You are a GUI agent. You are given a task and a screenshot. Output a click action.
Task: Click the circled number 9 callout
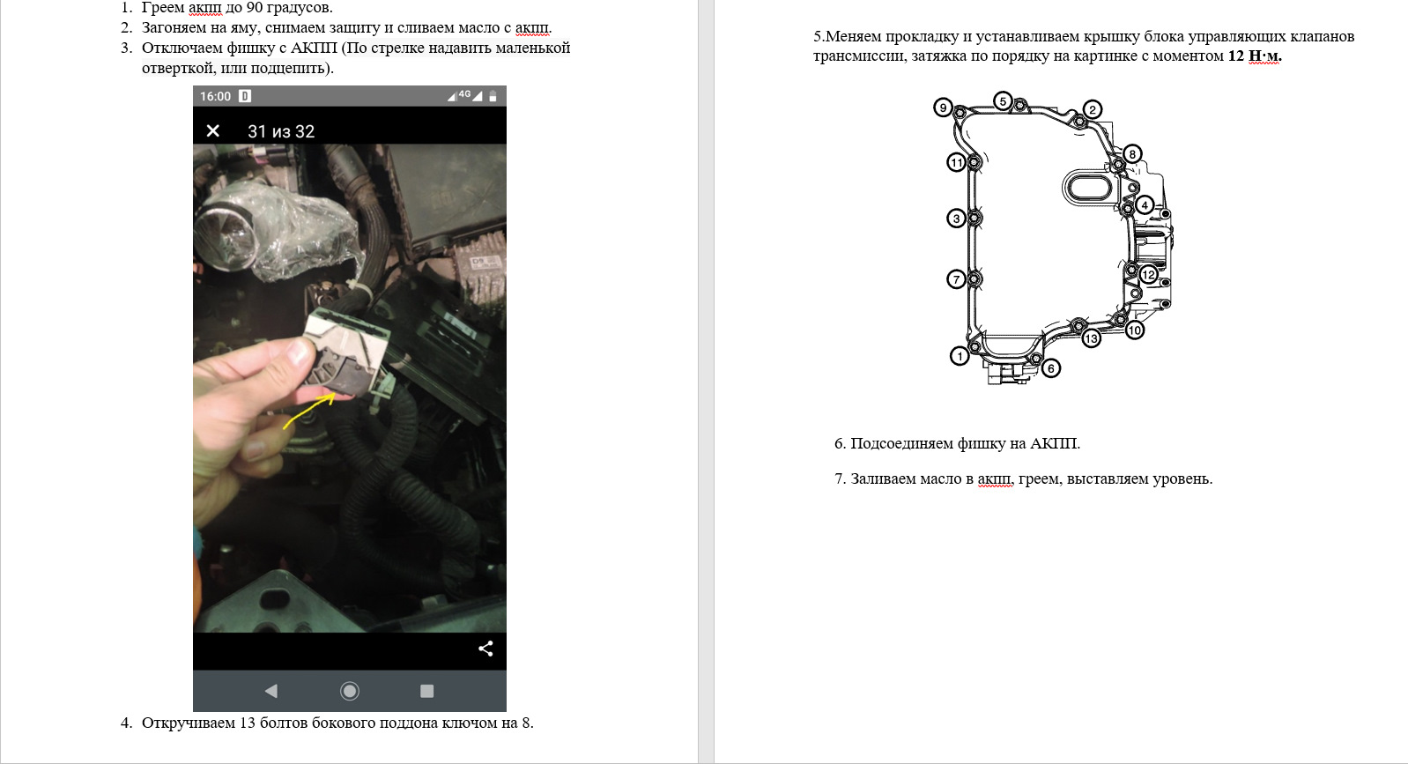pos(943,108)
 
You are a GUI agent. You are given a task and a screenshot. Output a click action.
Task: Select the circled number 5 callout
pos(1003,100)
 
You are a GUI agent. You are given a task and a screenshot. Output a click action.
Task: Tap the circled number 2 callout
pos(1093,109)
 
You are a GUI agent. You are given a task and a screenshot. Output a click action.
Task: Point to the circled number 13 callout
pos(1092,338)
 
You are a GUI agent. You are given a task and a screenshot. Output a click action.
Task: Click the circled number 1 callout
pos(960,356)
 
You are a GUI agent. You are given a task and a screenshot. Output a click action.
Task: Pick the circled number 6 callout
pos(1050,368)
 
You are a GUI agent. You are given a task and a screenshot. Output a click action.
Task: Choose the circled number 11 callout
pos(957,162)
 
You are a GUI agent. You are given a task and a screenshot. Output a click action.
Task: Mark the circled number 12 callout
pos(1148,274)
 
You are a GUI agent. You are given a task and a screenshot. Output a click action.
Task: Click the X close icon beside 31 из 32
pos(213,130)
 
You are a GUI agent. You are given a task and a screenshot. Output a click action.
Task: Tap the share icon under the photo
pos(485,649)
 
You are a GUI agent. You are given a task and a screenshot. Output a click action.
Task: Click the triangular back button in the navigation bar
pos(271,691)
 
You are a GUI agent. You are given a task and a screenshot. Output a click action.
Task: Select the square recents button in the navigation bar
pos(427,691)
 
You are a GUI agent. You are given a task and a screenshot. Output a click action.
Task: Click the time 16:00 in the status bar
pos(215,96)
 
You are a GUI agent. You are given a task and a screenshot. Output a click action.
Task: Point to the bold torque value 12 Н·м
pos(1255,56)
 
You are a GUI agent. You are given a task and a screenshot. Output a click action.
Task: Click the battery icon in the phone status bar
pos(493,96)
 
